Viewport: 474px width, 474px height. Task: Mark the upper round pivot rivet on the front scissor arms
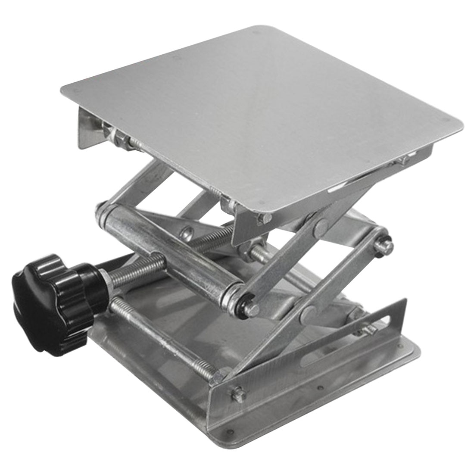pos(320,224)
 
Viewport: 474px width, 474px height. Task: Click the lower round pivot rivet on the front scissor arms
pos(308,312)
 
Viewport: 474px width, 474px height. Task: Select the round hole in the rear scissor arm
pos(186,234)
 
